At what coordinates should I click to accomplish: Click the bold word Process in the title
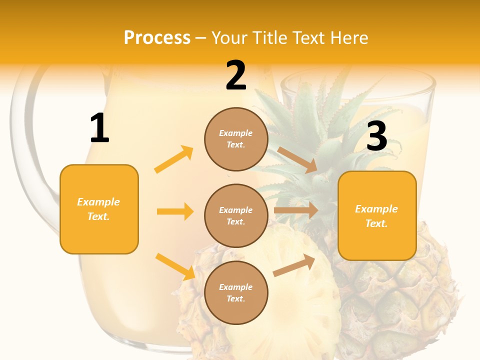[x=157, y=38]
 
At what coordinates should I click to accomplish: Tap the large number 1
[x=99, y=128]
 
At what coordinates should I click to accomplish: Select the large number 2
[x=236, y=75]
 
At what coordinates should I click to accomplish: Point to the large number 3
[x=376, y=136]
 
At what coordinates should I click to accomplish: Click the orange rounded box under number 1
[x=99, y=209]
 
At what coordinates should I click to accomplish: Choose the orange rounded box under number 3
[x=377, y=215]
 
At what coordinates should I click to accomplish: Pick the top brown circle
[x=236, y=139]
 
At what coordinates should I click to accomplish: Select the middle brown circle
[x=236, y=215]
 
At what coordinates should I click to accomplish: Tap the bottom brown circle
[x=236, y=292]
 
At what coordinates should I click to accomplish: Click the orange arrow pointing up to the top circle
[x=174, y=159]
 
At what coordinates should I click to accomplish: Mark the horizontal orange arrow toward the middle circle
[x=175, y=211]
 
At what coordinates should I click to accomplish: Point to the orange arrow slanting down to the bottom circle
[x=175, y=266]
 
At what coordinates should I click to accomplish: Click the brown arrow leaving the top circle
[x=297, y=159]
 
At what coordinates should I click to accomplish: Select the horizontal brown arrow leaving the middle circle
[x=295, y=210]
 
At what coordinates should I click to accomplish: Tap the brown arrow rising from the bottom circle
[x=294, y=265]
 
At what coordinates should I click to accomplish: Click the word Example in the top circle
[x=236, y=133]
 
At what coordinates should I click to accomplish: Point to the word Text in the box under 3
[x=376, y=223]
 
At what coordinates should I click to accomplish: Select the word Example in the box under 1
[x=98, y=202]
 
